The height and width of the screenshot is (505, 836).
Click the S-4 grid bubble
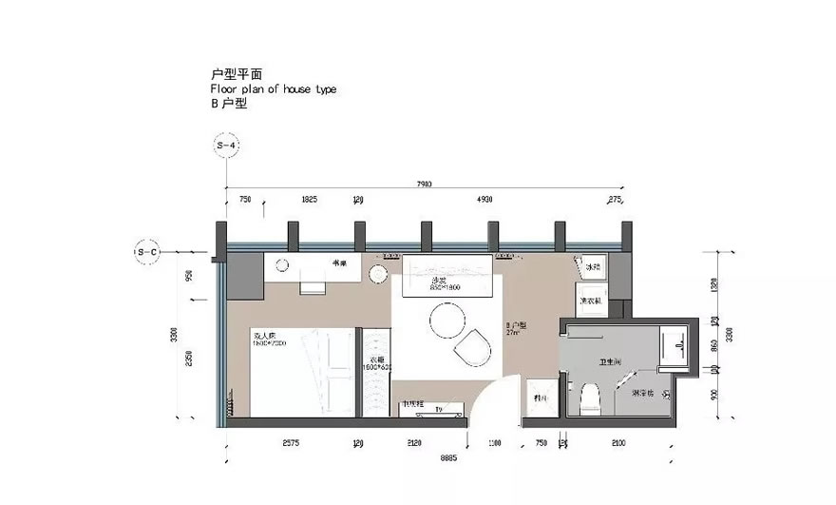[x=226, y=146]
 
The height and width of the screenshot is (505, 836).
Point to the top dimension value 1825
[x=309, y=201]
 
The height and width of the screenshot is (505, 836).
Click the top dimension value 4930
[x=484, y=201]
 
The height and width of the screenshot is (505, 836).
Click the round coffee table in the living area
[x=446, y=326]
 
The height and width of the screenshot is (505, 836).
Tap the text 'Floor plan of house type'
[x=274, y=88]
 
